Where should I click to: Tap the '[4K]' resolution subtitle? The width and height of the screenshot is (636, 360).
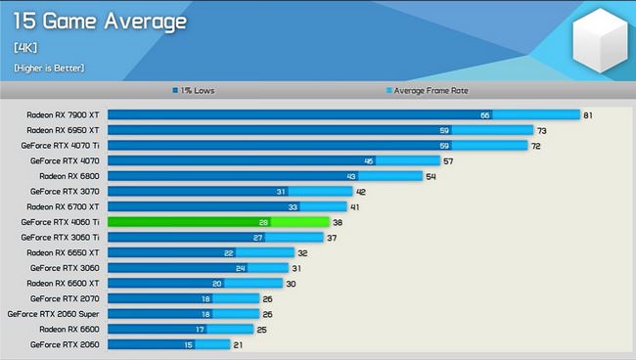(25, 46)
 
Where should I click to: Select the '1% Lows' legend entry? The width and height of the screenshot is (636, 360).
(197, 90)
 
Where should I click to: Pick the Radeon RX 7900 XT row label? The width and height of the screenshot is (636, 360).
(64, 114)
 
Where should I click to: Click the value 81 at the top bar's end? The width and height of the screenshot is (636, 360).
(588, 114)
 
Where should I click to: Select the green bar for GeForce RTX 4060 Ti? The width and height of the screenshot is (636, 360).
(217, 222)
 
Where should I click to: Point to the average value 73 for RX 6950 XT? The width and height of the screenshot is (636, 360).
(541, 130)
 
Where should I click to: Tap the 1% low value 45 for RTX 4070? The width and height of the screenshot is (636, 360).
(368, 160)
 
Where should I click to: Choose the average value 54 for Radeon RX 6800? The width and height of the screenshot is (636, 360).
(430, 176)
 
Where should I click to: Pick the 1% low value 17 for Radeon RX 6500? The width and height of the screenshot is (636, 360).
(200, 329)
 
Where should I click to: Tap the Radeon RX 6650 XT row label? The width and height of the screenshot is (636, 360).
(64, 252)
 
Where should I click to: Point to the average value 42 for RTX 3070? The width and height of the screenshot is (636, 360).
(361, 192)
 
